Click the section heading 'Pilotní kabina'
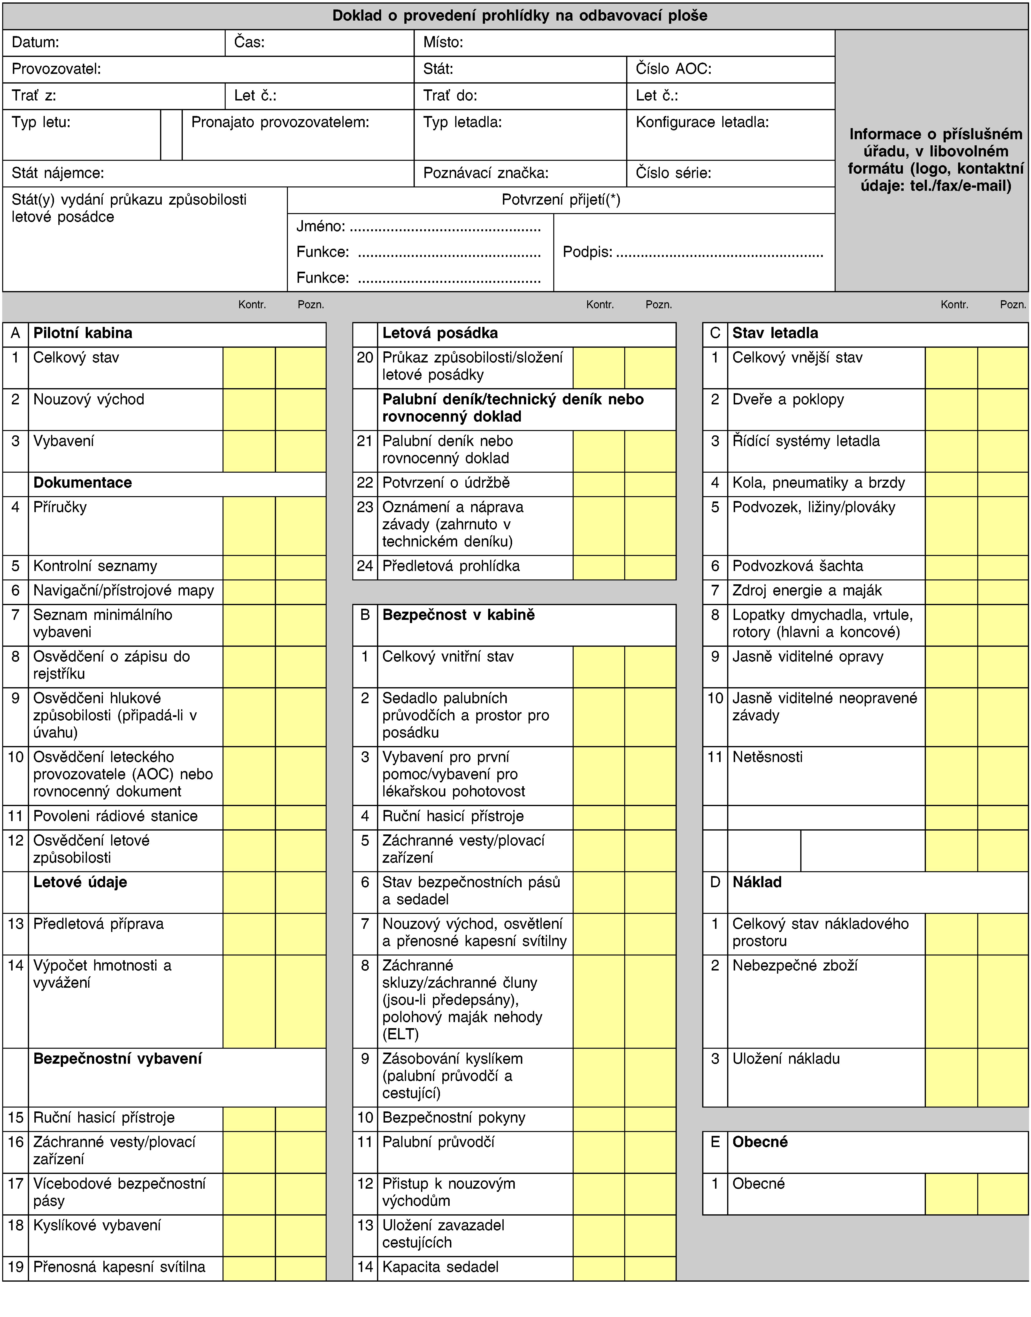pos(83,333)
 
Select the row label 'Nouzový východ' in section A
pos(89,400)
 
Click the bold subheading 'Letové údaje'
pos(80,882)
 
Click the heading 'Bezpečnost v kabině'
pos(458,615)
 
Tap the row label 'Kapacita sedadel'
pos(440,1267)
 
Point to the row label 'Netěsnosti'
pos(767,757)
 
